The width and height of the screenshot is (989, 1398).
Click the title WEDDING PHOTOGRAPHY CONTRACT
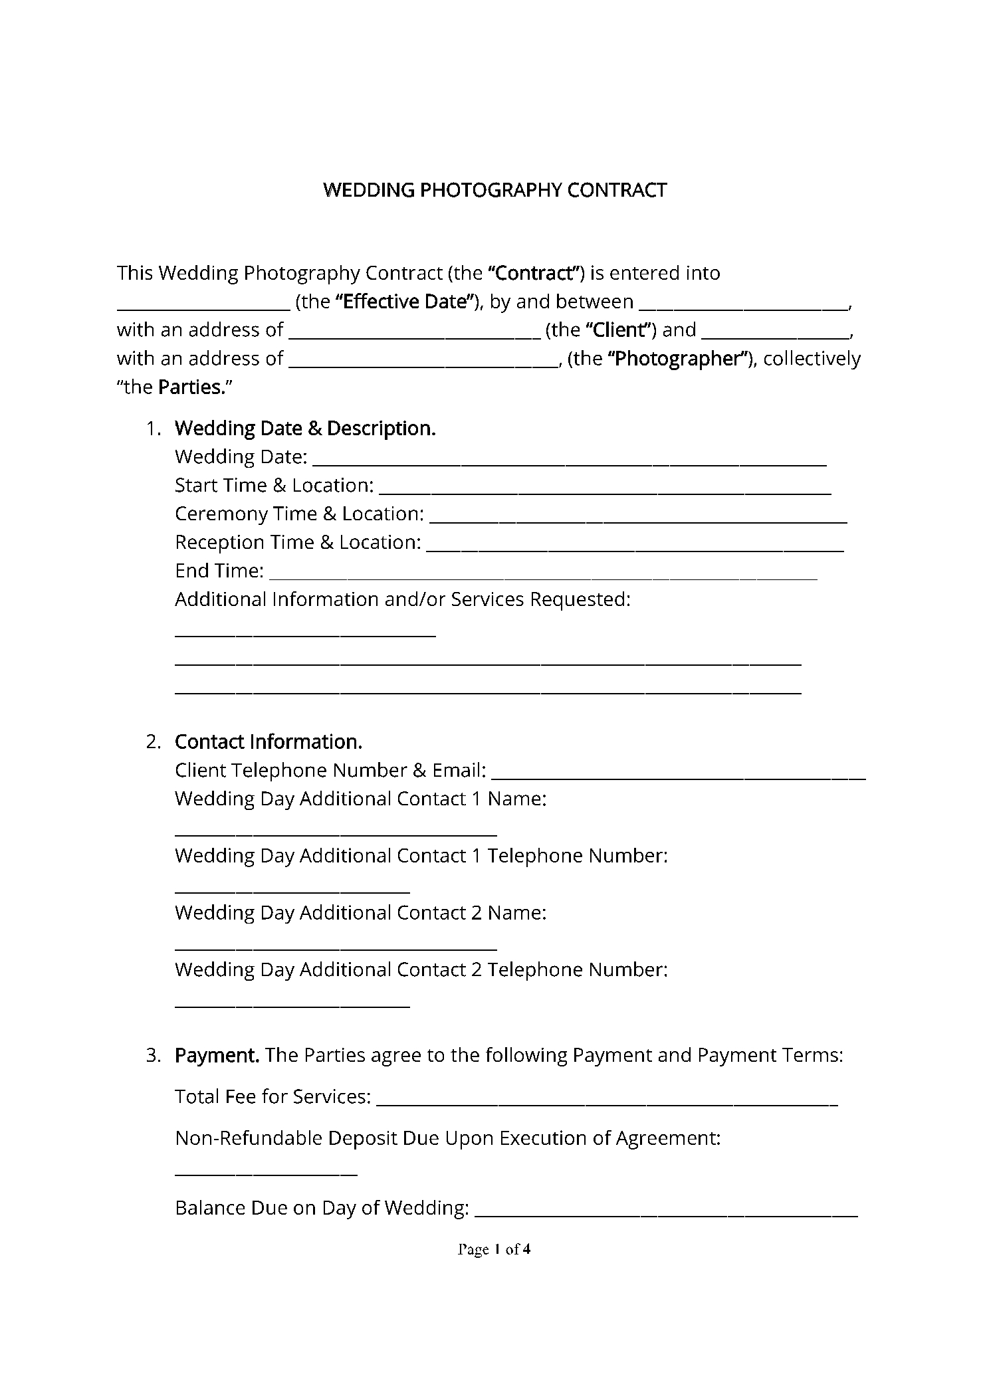(494, 191)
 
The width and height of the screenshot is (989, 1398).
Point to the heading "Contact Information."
(269, 742)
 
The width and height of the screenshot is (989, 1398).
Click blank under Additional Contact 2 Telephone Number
(292, 1005)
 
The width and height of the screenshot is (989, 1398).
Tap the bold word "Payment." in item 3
(217, 1055)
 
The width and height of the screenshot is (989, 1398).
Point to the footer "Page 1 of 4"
(494, 1250)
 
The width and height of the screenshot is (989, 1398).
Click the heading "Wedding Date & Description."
(305, 429)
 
